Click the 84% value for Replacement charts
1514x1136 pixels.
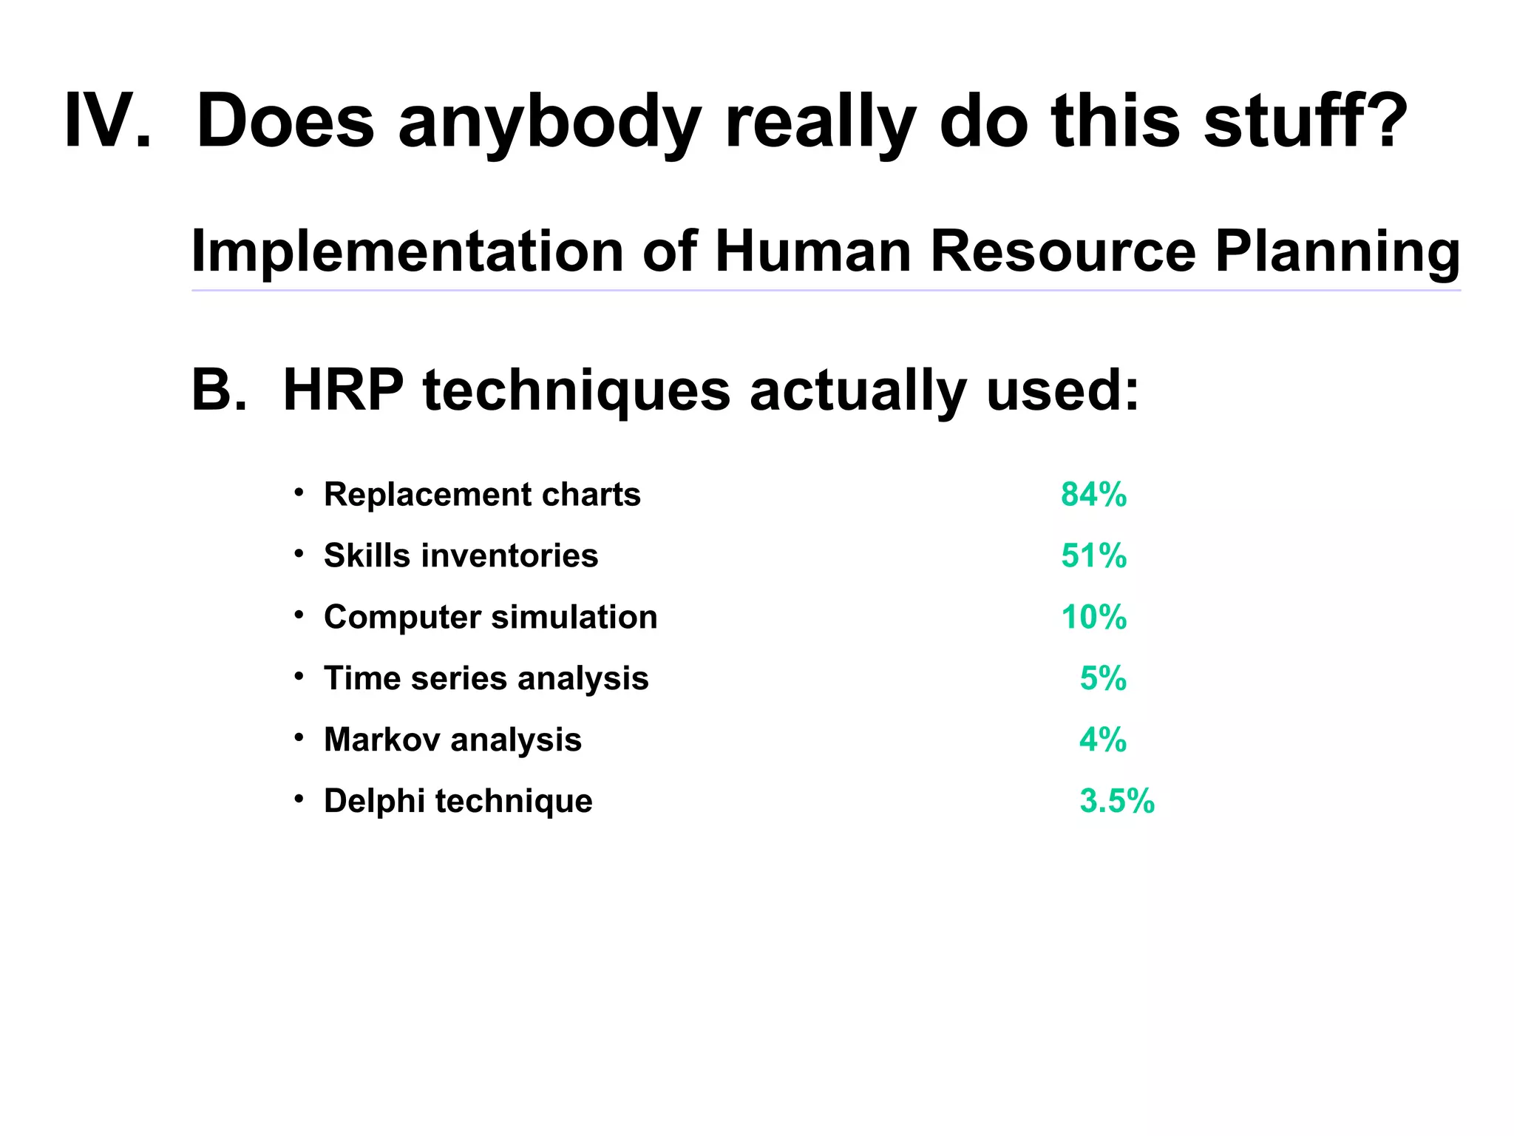1093,494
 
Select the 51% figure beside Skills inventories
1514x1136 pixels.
1093,555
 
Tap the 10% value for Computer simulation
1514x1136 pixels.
1093,617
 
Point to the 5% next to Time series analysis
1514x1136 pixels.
1103,678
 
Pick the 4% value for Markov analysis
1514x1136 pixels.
1102,740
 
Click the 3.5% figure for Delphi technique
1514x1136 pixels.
1116,801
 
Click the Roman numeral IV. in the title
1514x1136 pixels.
108,121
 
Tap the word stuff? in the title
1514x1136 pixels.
1305,121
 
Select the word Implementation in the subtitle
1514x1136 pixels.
407,251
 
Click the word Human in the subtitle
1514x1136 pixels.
813,251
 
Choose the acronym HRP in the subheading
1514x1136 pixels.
343,390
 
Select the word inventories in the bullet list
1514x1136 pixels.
509,555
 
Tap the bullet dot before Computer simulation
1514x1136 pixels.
299,615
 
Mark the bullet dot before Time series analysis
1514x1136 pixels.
299,676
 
